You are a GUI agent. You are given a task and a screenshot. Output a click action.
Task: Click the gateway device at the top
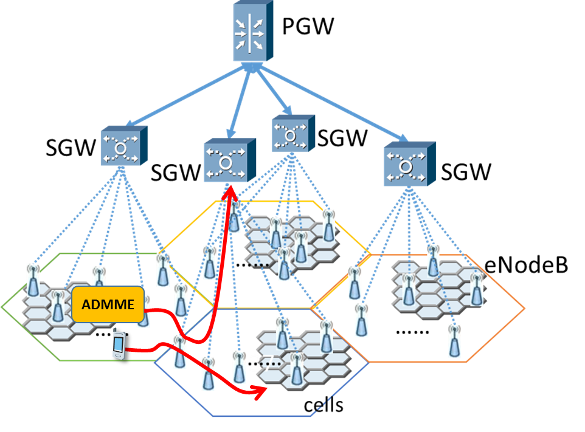[x=251, y=32]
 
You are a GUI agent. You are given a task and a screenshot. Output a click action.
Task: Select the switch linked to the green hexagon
[x=122, y=146]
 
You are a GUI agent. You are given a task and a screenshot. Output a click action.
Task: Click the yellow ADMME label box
[x=108, y=304]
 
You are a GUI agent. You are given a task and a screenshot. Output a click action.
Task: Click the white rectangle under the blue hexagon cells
[x=283, y=405]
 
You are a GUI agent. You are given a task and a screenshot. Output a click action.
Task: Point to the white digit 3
[x=255, y=363]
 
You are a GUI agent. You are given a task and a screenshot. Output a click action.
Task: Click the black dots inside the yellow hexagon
[x=261, y=265]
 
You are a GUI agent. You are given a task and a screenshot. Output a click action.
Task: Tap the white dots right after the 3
[x=272, y=364]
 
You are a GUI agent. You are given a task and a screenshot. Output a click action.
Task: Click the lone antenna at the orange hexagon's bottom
[x=454, y=341]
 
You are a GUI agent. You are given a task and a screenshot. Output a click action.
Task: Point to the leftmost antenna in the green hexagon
[x=33, y=280]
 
